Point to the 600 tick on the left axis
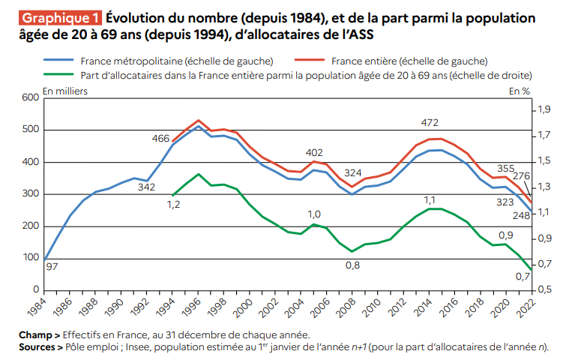point(30,97)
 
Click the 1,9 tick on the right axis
point(544,110)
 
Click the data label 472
point(430,123)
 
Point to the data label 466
point(160,138)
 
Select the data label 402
point(314,152)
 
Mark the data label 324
point(353,172)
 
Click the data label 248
point(521,216)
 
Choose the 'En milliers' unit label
point(66,91)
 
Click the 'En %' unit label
point(519,91)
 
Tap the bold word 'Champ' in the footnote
point(36,334)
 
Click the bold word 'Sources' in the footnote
point(39,348)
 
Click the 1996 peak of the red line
point(199,120)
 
